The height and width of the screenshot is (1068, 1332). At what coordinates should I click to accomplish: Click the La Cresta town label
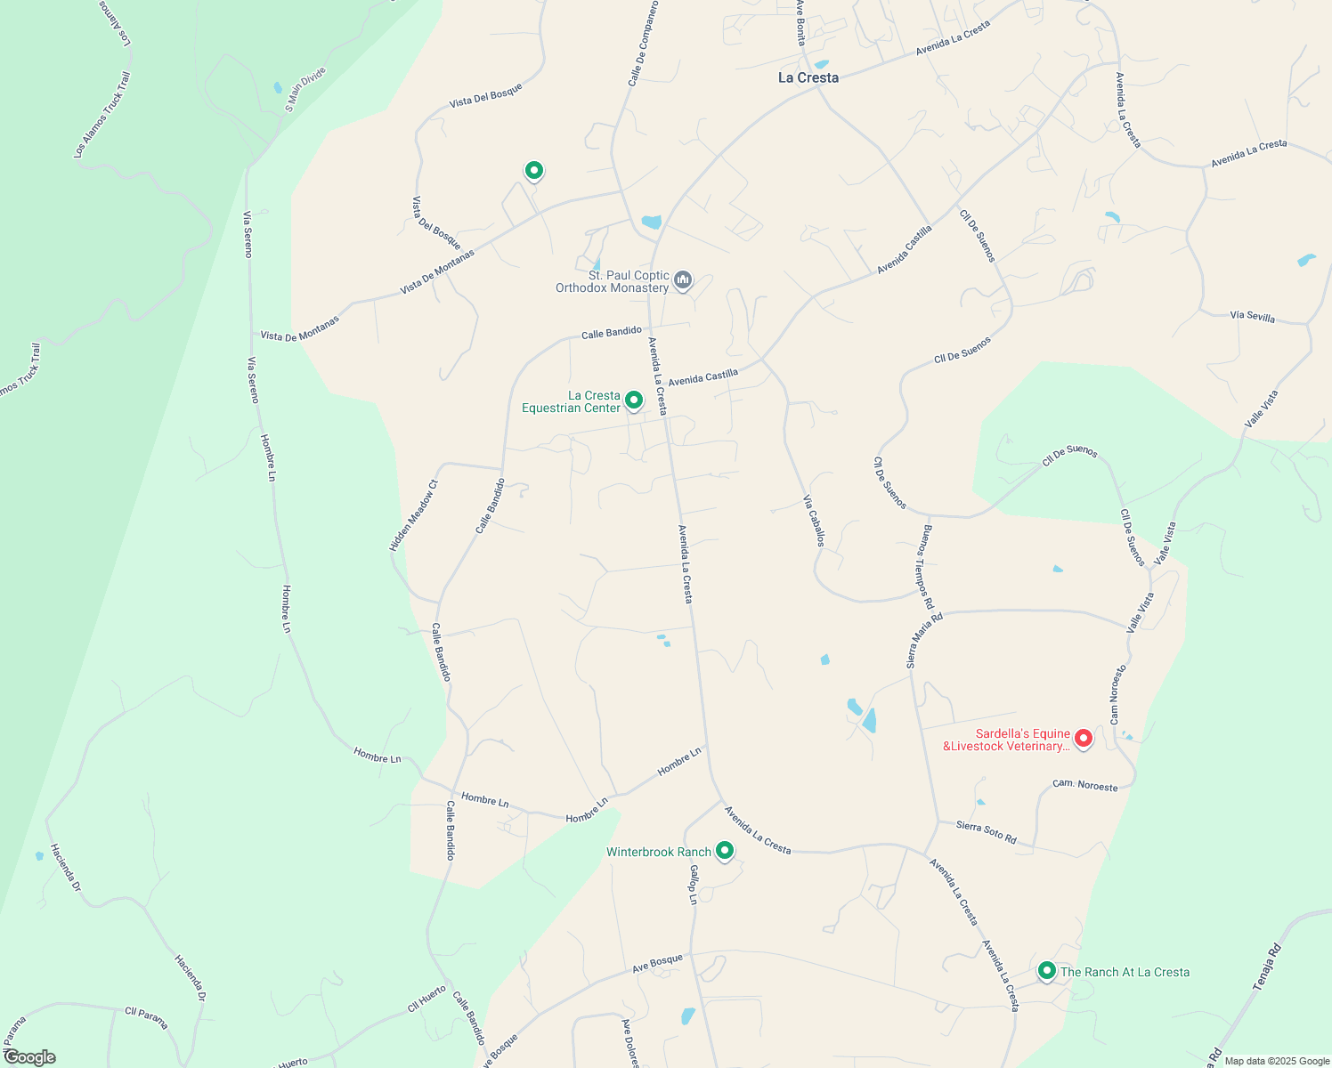click(808, 78)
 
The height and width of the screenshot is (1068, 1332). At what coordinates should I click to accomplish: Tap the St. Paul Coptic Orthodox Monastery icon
click(683, 280)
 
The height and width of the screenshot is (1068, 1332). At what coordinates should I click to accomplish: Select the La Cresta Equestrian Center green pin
click(634, 400)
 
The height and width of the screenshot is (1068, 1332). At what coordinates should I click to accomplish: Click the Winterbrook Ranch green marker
click(725, 851)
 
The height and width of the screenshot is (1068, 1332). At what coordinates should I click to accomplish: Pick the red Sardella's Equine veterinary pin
click(1084, 738)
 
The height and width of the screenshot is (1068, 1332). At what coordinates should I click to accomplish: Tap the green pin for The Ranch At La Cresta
click(1047, 970)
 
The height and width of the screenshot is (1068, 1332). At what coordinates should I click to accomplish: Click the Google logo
click(28, 1057)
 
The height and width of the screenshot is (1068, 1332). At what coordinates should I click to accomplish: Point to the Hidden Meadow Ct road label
click(414, 516)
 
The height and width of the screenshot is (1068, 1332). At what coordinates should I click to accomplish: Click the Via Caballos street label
click(814, 521)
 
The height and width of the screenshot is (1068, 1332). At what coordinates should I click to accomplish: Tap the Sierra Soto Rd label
click(986, 832)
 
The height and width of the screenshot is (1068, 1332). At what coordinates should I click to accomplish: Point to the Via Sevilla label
click(1252, 317)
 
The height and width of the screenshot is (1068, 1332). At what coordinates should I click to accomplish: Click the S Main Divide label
click(305, 89)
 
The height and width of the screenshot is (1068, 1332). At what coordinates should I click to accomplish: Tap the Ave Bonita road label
click(800, 23)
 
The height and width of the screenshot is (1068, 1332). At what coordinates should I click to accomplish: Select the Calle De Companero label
click(643, 44)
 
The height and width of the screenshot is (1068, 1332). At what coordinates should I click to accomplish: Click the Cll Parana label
click(146, 1017)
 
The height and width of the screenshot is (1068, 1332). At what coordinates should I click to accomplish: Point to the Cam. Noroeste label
click(1084, 785)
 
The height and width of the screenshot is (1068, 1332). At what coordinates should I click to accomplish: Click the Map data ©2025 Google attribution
click(1276, 1060)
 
